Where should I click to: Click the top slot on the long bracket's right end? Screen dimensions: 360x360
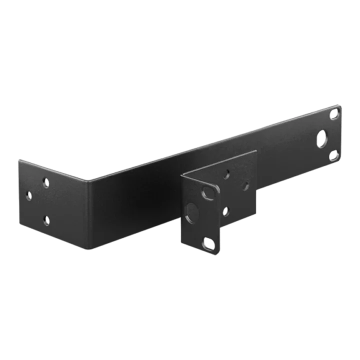[334, 114]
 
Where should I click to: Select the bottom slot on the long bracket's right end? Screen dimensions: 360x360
[333, 156]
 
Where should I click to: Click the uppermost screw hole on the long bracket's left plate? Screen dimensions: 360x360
[45, 183]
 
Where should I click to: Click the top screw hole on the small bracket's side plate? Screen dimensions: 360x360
[226, 174]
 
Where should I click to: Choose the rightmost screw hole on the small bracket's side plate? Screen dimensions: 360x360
[245, 185]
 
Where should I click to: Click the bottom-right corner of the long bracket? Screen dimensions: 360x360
[343, 163]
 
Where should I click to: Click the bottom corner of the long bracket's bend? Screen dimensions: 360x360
[90, 248]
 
